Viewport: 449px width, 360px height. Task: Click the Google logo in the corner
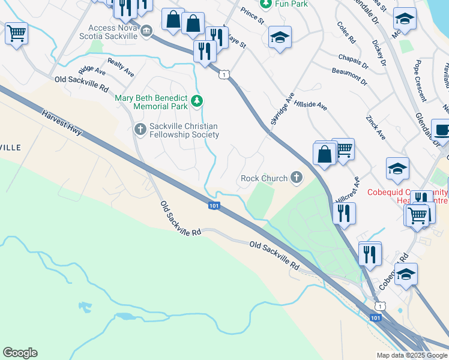click(20, 353)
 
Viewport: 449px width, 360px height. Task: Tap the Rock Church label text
click(264, 178)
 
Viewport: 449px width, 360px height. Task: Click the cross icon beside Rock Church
click(296, 177)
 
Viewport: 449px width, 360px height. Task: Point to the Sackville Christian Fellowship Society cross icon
click(140, 128)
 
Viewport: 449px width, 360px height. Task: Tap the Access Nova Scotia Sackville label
click(113, 32)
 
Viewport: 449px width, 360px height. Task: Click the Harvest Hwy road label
click(64, 124)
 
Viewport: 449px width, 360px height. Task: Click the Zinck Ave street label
click(376, 129)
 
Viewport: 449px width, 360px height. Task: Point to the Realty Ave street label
click(121, 67)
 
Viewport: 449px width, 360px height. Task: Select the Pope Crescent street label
click(420, 81)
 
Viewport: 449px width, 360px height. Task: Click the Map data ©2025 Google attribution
click(411, 355)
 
